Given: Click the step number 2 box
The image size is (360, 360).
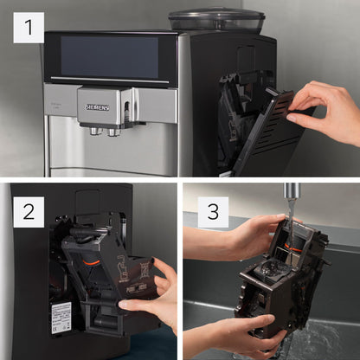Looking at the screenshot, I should click(29, 210).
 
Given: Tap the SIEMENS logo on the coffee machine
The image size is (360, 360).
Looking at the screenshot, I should click(98, 106).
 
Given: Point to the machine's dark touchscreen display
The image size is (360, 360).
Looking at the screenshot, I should click(109, 56).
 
